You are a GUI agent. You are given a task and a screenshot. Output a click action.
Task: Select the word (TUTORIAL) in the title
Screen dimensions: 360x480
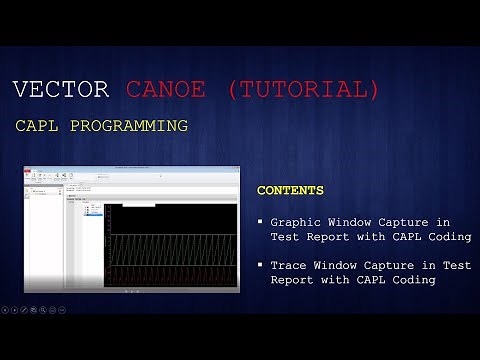point(304,89)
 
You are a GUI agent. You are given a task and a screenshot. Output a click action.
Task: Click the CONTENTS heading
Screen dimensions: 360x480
point(290,190)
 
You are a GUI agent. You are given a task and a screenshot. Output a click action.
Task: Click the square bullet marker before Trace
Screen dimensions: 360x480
point(260,265)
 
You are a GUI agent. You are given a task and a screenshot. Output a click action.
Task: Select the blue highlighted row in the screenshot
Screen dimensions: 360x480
point(95,213)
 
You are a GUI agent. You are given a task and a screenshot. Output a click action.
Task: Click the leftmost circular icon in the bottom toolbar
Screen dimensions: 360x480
point(6,310)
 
